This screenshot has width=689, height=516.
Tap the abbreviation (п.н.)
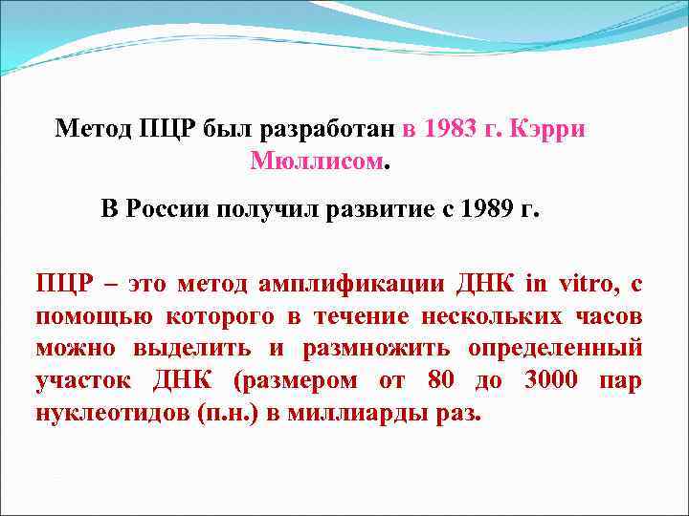click(x=214, y=415)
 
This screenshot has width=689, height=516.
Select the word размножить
click(x=370, y=349)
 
